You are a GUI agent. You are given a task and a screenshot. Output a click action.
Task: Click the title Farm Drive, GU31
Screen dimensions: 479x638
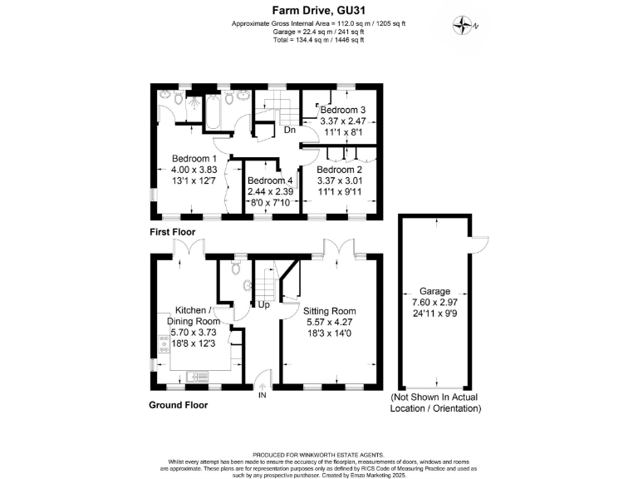(x=318, y=11)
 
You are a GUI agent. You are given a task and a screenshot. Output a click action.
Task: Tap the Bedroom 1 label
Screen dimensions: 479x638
(x=194, y=159)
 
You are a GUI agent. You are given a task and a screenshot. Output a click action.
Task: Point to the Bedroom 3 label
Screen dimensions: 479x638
(x=343, y=110)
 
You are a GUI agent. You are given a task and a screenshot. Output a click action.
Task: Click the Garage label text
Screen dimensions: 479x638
(x=434, y=292)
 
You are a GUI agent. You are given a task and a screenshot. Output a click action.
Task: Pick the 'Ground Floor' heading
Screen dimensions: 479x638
(x=178, y=405)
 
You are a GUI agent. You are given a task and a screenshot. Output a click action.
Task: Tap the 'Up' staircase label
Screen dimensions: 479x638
(x=265, y=305)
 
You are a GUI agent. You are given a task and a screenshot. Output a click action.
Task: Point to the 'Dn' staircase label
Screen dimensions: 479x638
(x=290, y=131)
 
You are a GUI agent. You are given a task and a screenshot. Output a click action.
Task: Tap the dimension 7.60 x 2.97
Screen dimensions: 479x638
(x=434, y=304)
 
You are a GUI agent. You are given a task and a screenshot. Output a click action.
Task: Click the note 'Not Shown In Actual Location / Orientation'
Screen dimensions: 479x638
(x=435, y=403)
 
